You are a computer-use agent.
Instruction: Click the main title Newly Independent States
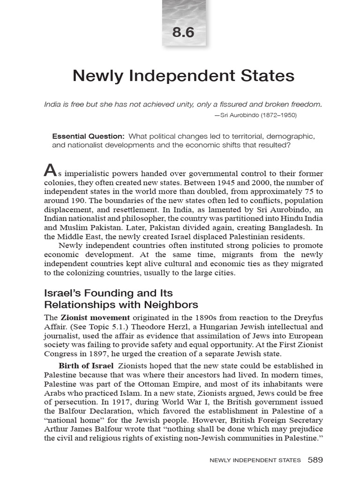[x=184, y=75]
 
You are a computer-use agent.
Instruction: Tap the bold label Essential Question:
[x=88, y=136]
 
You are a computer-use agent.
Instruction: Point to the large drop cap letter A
[x=50, y=169]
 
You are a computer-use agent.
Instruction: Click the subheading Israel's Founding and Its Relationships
[x=121, y=299]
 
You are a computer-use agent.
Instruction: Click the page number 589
[x=315, y=460]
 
